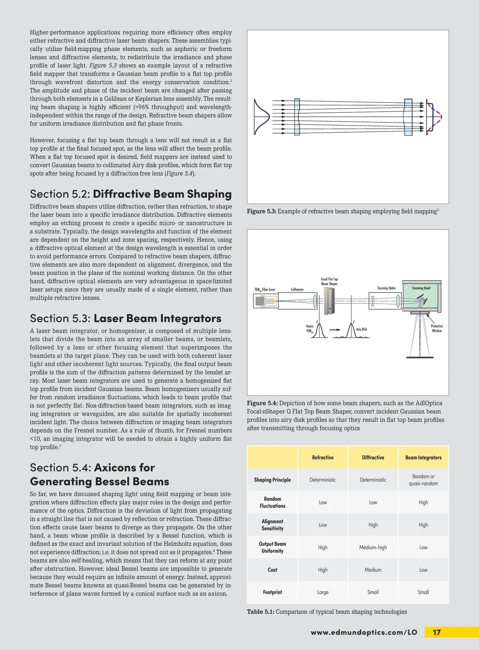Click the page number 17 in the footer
[437, 632]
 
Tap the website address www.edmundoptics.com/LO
[364, 632]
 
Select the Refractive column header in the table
[323, 458]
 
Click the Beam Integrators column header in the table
[423, 458]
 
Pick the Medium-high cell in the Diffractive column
[373, 548]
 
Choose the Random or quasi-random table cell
[423, 480]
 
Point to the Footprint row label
[272, 592]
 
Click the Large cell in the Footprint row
[323, 592]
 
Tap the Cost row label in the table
[272, 570]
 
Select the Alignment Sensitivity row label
[272, 525]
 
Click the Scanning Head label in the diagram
[421, 288]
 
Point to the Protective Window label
[437, 328]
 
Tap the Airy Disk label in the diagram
[361, 330]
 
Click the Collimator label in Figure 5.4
[297, 290]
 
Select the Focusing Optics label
[386, 288]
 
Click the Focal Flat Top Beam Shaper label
[329, 281]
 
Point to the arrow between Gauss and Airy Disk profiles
[335, 330]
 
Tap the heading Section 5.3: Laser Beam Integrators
[125, 318]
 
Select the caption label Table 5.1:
[260, 612]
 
